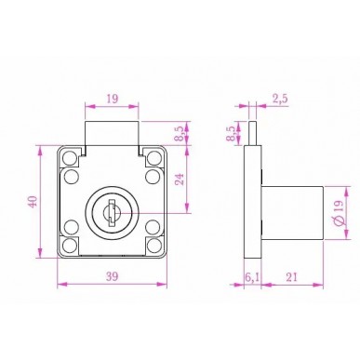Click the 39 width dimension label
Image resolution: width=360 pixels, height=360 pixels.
click(x=112, y=276)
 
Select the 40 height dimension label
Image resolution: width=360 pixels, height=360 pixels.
click(x=33, y=202)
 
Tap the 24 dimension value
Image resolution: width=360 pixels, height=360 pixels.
click(x=180, y=180)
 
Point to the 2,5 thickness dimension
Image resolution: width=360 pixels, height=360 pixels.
click(x=280, y=99)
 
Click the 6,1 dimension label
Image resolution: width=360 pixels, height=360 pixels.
click(x=252, y=277)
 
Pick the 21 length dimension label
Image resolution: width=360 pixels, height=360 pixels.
click(x=291, y=277)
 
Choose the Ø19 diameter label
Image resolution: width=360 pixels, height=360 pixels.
click(x=339, y=213)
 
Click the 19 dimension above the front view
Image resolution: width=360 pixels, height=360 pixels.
click(x=113, y=99)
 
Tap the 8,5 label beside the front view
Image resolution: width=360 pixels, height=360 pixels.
click(x=180, y=134)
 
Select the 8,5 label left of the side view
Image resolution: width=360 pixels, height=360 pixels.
click(x=232, y=134)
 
